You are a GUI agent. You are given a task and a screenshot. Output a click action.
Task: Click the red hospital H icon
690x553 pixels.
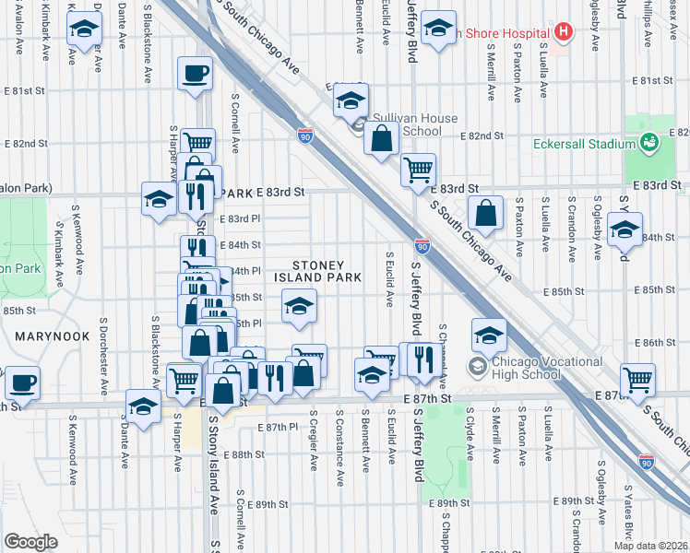[563, 30]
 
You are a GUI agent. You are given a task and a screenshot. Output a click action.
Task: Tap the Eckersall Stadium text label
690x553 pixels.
[583, 144]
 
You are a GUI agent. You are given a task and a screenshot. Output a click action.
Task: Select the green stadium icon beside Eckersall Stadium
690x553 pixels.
[648, 143]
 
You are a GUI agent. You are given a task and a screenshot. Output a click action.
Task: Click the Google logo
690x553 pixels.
[30, 542]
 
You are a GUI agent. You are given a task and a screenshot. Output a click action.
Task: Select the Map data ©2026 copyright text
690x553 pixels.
[651, 545]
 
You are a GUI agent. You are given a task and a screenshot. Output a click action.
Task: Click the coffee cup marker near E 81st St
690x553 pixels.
[196, 74]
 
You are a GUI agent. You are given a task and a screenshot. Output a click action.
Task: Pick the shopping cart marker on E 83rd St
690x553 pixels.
[419, 170]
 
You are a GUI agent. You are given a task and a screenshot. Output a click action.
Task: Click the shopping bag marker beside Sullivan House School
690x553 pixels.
[381, 140]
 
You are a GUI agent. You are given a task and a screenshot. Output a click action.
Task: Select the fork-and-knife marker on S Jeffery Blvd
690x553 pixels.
[423, 359]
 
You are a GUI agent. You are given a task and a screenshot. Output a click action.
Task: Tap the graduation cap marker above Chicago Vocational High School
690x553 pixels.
[490, 335]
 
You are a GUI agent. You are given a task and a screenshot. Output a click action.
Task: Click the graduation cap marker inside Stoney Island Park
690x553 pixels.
[298, 307]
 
